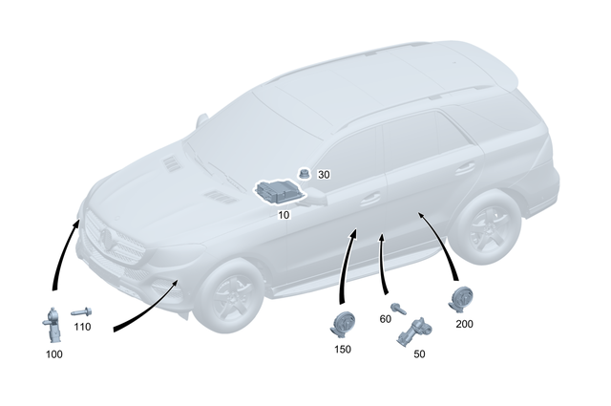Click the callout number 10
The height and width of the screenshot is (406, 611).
coord(284,215)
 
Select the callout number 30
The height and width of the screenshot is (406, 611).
coord(324,175)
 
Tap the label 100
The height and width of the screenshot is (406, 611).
coord(54,354)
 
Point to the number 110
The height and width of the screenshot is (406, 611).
coord(82,327)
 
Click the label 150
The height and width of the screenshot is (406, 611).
coord(343,349)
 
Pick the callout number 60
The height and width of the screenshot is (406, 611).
coord(387,318)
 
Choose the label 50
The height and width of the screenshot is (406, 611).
coord(419,353)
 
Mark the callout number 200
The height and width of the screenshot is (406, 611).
coord(465,324)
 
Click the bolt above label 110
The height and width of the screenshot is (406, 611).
coord(80,311)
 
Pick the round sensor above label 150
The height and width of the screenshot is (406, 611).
coord(343,323)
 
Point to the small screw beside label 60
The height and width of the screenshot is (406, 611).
coord(404,309)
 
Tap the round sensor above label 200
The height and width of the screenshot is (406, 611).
coord(463,299)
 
